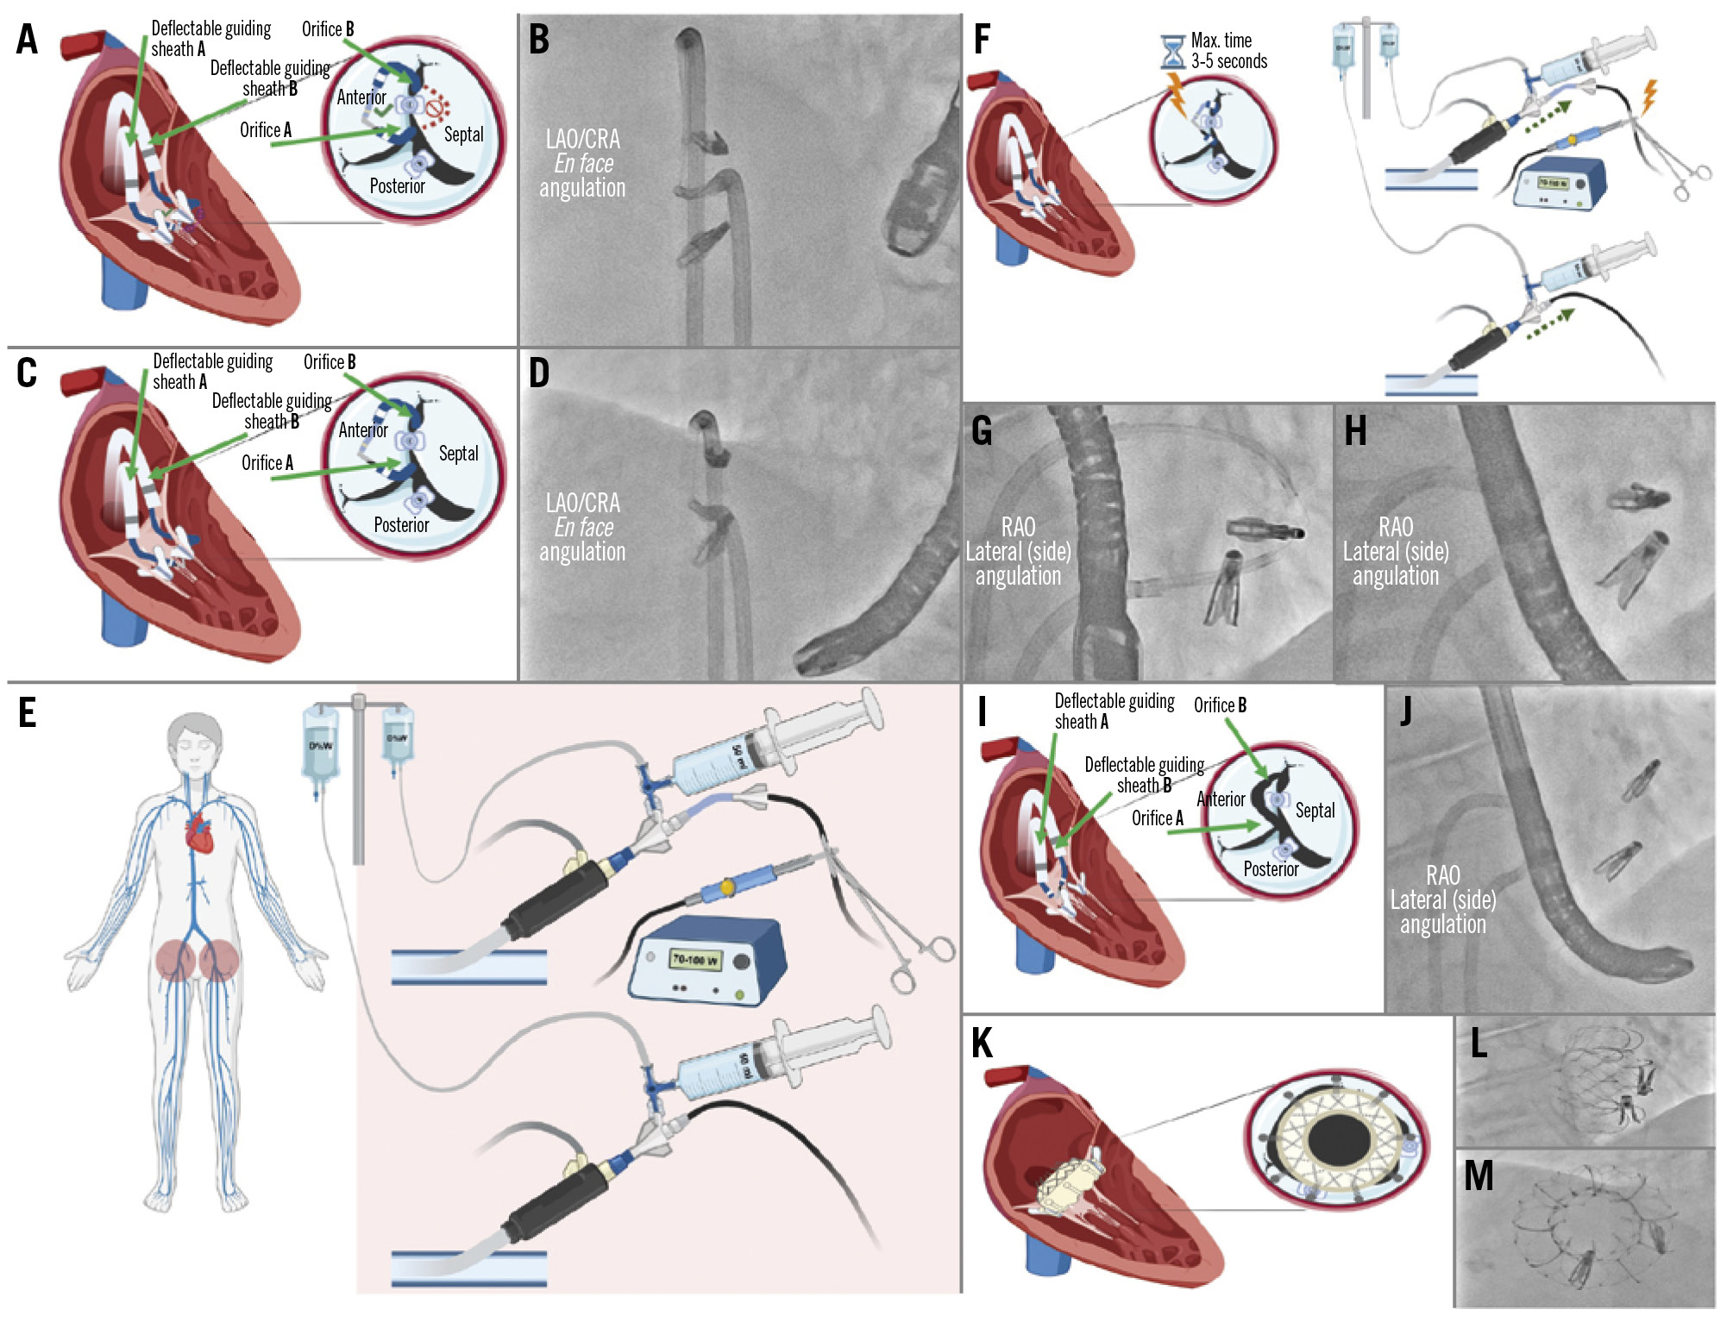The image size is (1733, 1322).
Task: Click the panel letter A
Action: [x=28, y=41]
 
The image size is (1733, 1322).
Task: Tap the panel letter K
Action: [x=982, y=1043]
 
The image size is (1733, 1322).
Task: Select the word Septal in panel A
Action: [x=463, y=135]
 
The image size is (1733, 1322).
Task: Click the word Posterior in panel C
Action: [x=401, y=525]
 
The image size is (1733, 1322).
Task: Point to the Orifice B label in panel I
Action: [x=1220, y=705]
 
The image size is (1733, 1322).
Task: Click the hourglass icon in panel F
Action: [x=1172, y=52]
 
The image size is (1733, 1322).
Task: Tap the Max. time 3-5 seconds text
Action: [x=1228, y=51]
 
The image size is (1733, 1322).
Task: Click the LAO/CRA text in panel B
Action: [x=582, y=140]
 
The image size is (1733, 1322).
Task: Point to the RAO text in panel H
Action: [x=1395, y=527]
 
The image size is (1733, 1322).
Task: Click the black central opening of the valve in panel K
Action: [x=1339, y=1139]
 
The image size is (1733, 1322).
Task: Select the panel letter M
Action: [x=1479, y=1176]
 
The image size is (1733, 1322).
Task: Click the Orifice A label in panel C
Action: [x=267, y=463]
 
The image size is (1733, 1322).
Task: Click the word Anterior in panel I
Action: [x=1221, y=799]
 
